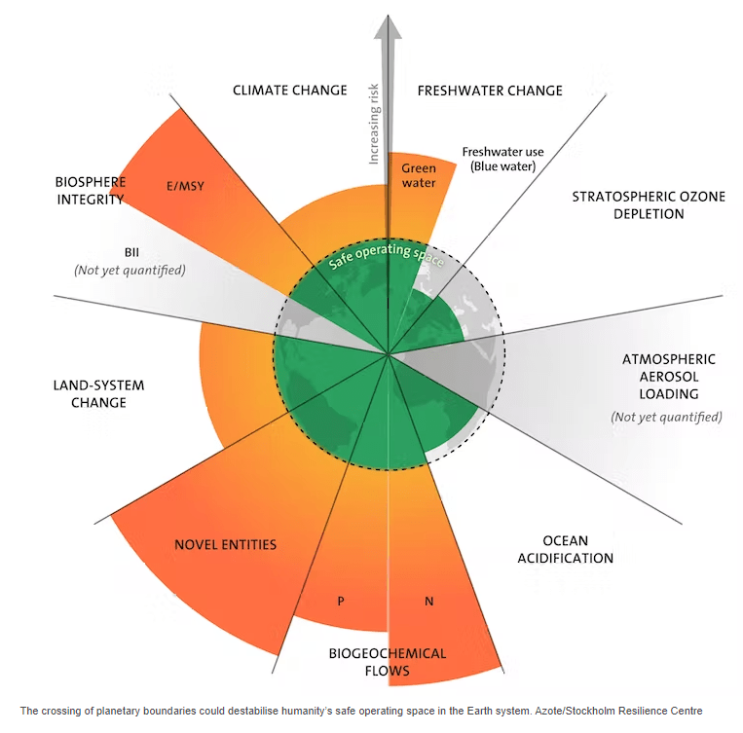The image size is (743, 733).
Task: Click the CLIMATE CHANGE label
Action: click(x=289, y=91)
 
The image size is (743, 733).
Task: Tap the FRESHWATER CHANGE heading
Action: click(x=490, y=91)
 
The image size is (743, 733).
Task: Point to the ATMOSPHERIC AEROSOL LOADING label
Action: click(x=668, y=377)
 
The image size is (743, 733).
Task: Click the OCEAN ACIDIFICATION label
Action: click(x=564, y=549)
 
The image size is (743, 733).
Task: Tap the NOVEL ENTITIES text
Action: click(x=225, y=544)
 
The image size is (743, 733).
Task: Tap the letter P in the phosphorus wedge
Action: click(x=341, y=601)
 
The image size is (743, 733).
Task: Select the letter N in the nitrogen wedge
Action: click(x=428, y=601)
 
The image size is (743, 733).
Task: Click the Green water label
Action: click(x=419, y=175)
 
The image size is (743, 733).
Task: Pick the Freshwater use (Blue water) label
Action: click(x=502, y=159)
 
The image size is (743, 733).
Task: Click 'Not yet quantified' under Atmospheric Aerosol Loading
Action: click(x=666, y=417)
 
